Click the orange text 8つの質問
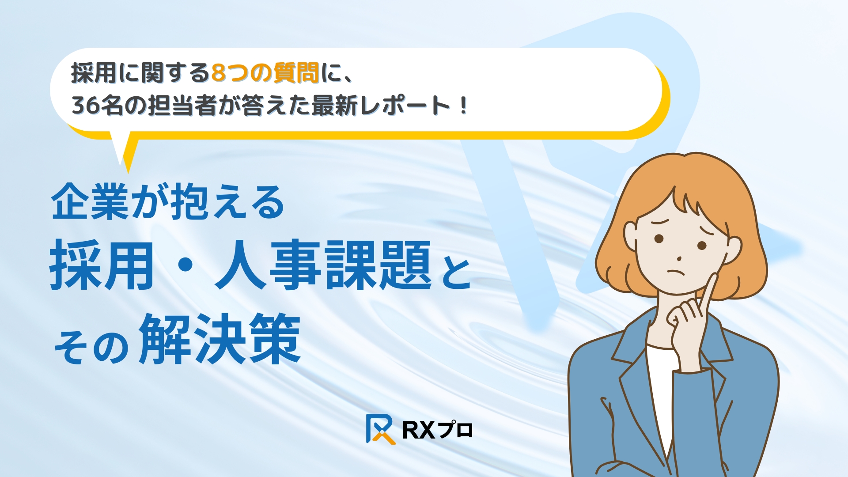coord(265,73)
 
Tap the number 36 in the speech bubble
coord(86,106)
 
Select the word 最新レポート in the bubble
coord(380,106)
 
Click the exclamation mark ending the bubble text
coord(463,106)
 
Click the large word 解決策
coord(220,339)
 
